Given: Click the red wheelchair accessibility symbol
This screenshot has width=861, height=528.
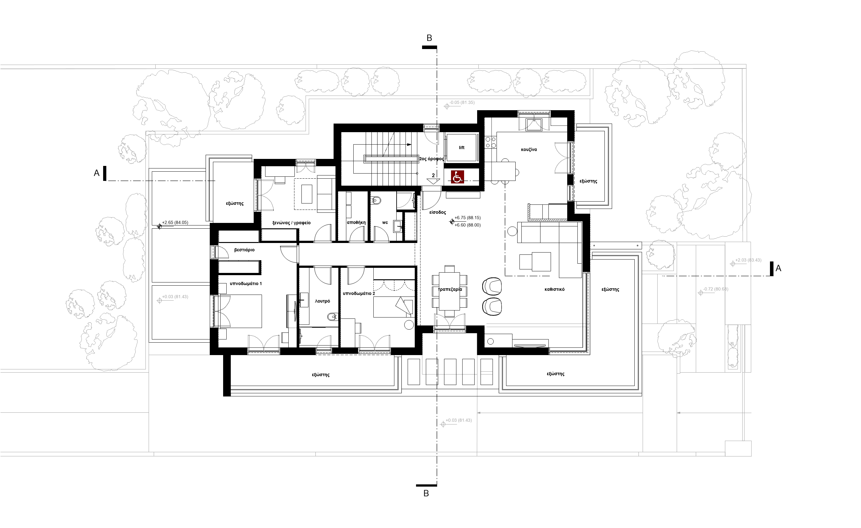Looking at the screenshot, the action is (457, 177).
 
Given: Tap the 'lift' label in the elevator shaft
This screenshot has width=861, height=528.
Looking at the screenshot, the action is (462, 147).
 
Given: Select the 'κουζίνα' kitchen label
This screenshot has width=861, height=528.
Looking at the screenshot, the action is (529, 150).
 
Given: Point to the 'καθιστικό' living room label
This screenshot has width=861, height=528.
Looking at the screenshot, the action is (554, 289).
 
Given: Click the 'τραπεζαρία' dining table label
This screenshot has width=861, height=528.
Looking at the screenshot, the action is (450, 289).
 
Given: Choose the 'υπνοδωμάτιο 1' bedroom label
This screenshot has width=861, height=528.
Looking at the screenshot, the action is (246, 283).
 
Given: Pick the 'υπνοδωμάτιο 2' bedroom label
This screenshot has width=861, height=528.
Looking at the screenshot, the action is (359, 293).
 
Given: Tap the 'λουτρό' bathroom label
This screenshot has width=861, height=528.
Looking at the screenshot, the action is (322, 301).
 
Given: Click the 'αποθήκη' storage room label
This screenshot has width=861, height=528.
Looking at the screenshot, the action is (356, 222).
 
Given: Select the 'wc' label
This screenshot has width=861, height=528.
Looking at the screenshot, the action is (385, 222).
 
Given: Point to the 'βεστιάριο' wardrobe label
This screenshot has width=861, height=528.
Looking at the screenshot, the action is (244, 250).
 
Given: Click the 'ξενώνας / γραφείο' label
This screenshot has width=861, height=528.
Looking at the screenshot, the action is (292, 223).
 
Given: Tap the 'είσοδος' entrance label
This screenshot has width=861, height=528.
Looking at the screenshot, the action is (437, 212).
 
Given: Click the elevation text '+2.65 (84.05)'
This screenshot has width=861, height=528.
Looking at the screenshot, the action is (175, 222).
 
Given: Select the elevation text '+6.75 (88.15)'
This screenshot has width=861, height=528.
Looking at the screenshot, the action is (468, 218).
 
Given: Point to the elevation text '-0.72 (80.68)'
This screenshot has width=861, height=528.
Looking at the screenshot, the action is (716, 289).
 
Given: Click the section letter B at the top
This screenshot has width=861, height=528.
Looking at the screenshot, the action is (429, 38).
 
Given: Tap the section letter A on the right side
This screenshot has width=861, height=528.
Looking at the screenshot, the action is (778, 268).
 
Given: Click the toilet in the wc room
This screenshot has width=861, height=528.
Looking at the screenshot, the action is (376, 201).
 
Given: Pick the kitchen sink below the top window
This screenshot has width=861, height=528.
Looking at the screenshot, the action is (533, 125).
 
